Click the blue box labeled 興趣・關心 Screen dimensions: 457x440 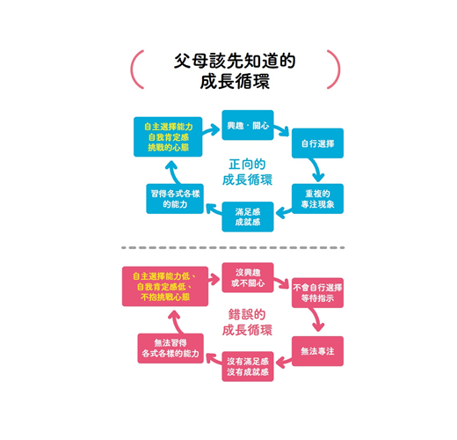(248, 125)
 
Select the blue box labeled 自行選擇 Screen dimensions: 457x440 (317, 143)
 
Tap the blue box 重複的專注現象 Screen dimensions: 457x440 (317, 199)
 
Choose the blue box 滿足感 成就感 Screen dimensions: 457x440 (248, 216)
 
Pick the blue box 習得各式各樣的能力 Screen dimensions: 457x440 (175, 199)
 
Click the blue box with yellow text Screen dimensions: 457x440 (168, 136)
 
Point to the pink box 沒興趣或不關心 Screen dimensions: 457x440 (248, 277)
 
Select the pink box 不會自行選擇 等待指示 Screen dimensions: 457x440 (317, 293)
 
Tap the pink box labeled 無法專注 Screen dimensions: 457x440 (317, 351)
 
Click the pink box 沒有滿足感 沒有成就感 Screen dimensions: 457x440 (248, 366)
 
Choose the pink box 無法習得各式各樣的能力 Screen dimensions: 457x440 (170, 348)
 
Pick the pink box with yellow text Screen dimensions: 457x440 (165, 286)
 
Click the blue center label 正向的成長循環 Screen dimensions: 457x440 (247, 172)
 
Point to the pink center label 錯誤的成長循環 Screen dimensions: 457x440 (247, 322)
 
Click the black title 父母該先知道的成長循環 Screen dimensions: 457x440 (235, 70)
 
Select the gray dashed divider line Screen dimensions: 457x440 (233, 247)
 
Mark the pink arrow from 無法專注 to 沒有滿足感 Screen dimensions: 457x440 (284, 362)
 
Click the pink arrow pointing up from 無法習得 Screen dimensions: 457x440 (175, 321)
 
